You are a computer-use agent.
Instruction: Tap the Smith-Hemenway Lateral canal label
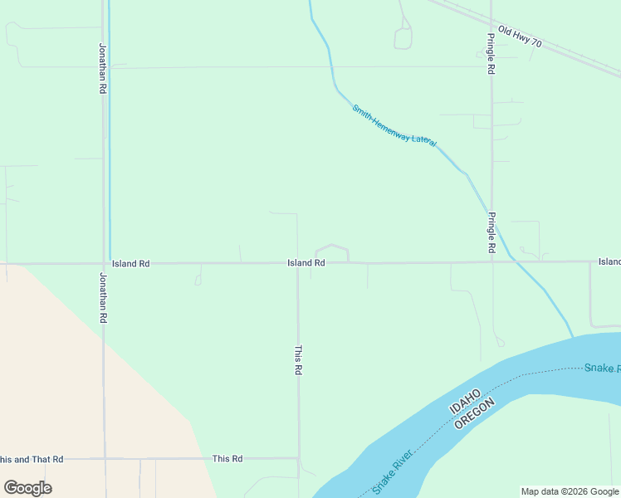394,125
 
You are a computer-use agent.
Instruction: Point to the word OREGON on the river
475,413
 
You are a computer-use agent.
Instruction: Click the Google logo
27,488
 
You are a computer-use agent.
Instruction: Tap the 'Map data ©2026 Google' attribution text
570,491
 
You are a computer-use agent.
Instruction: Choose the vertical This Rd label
298,360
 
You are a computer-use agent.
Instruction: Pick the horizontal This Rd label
227,458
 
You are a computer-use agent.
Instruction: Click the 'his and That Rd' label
32,459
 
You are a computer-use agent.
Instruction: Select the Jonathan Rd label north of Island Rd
103,68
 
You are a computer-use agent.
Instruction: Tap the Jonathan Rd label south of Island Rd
103,297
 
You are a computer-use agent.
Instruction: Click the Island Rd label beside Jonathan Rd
130,263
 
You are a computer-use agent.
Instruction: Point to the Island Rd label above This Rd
306,262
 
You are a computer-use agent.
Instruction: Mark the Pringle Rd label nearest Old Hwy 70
491,55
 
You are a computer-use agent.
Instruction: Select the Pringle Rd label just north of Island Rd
491,233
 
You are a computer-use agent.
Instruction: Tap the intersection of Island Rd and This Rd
298,264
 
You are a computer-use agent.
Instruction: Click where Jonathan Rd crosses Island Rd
104,264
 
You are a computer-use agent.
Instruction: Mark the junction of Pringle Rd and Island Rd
491,262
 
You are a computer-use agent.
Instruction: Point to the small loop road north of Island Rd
331,251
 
